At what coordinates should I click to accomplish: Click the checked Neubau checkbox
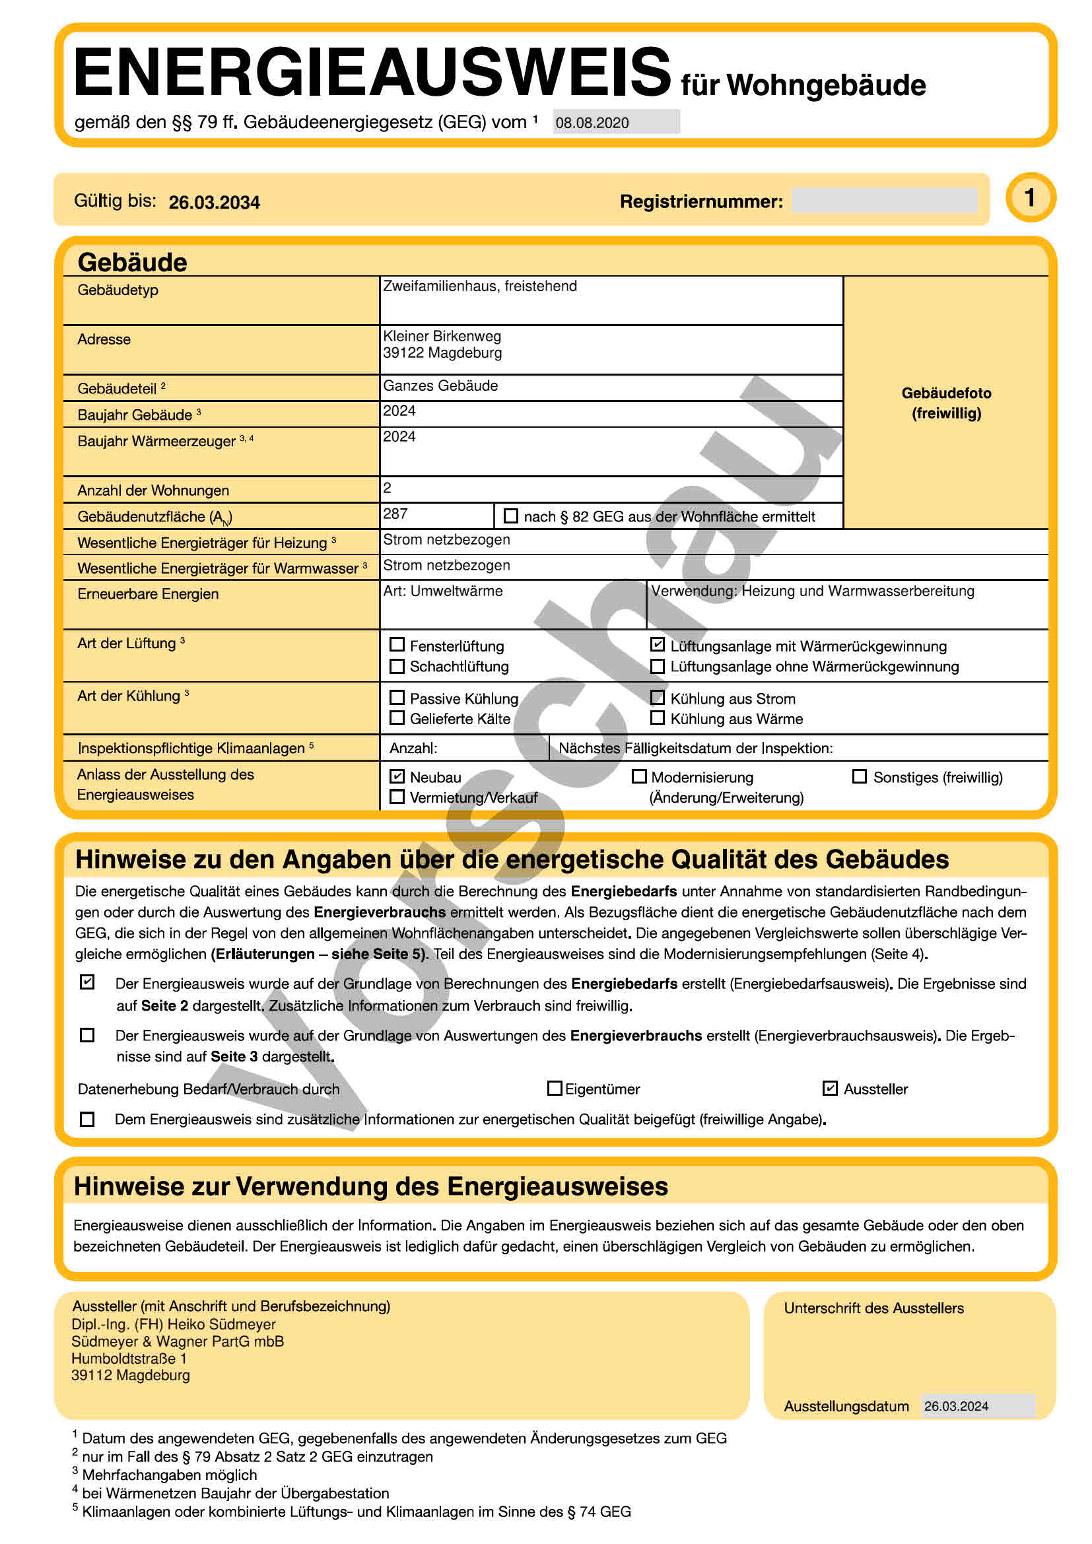397,776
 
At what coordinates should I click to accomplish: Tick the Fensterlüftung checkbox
397,645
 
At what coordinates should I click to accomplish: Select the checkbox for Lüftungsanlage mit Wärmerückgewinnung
658,644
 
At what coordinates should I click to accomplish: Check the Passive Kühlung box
397,697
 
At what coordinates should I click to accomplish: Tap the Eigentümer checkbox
555,1088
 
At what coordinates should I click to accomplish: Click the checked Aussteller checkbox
831,1088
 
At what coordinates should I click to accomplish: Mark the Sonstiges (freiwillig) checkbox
860,777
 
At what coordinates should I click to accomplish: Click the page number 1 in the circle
1030,198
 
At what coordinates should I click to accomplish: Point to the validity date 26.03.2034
214,203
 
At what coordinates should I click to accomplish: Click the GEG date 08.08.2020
592,123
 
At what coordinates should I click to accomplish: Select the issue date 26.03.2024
956,1406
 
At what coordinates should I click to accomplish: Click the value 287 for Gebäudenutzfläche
395,514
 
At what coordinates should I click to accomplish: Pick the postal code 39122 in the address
403,353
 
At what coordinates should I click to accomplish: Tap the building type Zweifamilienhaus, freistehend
479,286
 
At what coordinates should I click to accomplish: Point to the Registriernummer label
701,202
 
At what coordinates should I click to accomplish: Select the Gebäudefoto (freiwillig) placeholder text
946,403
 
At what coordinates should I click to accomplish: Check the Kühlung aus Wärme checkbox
658,718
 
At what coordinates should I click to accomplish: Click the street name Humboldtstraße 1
129,1359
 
